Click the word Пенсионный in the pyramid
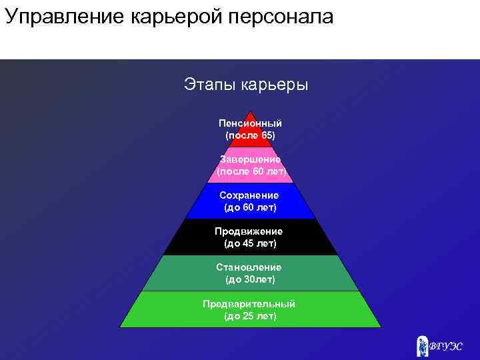click(250, 123)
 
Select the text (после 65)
click(250, 135)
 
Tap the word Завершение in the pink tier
click(250, 159)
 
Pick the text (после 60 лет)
click(251, 171)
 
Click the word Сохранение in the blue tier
click(249, 195)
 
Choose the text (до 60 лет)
click(250, 207)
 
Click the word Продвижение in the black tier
click(249, 231)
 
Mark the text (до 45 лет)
click(250, 243)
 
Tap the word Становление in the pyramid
click(249, 267)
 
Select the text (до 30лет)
click(250, 279)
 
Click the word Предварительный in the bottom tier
click(249, 304)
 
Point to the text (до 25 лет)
click(250, 315)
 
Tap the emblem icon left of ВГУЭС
click(422, 345)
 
